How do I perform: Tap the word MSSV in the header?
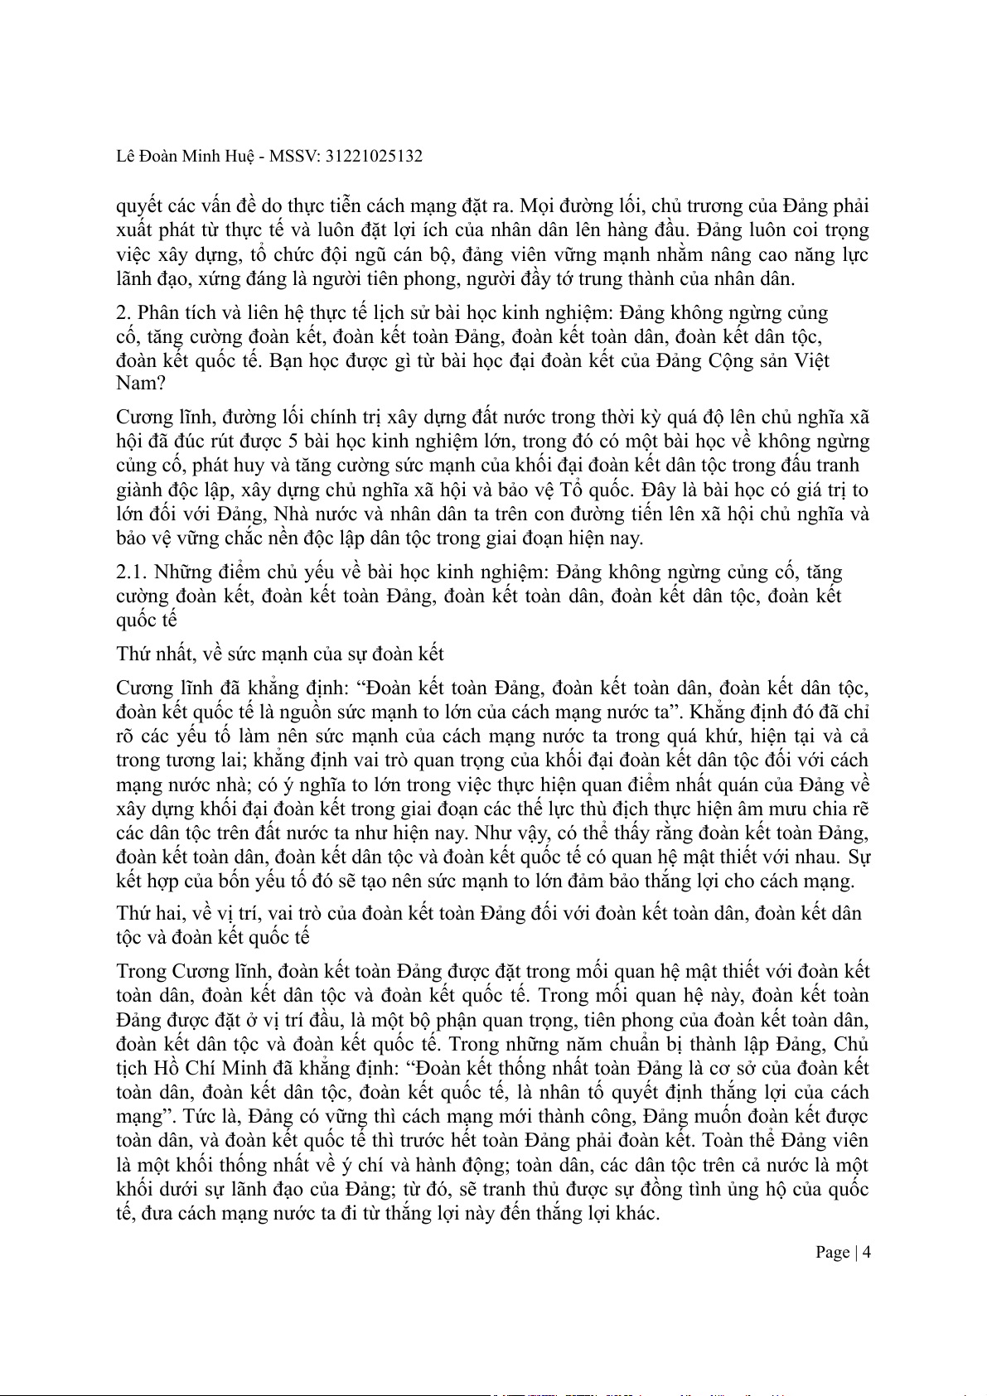tap(295, 156)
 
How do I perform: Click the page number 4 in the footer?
tap(867, 1252)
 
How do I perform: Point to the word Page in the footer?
tap(832, 1252)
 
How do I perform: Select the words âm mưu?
tap(781, 809)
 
